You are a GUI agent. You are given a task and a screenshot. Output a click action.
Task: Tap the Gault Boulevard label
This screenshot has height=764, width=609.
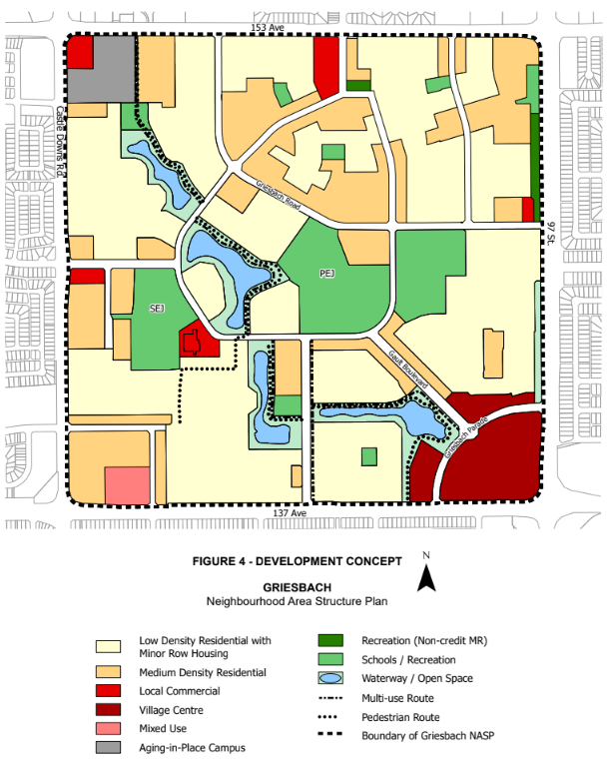coord(407,369)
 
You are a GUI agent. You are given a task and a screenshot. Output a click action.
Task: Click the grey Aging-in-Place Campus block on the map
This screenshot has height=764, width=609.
coord(105,70)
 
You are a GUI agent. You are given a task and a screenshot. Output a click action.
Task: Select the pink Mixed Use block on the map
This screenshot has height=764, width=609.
coord(129,485)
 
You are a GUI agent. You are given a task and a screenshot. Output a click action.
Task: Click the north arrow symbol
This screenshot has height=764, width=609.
coord(426,576)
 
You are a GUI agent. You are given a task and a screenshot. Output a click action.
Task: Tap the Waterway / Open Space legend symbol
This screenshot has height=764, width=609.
coord(331,678)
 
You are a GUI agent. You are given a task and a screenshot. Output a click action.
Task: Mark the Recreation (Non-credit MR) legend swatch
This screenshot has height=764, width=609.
coord(331,641)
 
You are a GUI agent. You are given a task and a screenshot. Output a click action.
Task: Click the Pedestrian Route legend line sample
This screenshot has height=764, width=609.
coord(331,716)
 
